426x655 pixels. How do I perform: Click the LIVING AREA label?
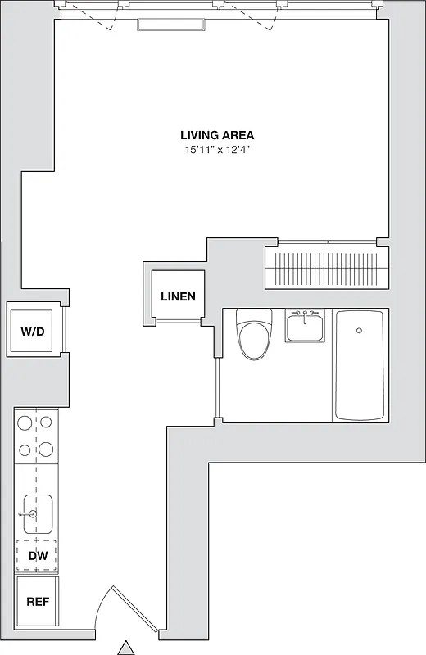click(217, 135)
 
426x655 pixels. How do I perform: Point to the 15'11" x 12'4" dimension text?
click(217, 150)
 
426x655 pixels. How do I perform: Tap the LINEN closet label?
click(178, 296)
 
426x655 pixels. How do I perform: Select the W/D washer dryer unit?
click(33, 332)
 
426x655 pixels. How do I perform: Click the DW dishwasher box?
click(37, 556)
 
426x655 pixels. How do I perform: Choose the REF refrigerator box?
click(37, 602)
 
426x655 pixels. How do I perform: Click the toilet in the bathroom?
click(254, 336)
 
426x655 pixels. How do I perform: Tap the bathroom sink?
click(305, 327)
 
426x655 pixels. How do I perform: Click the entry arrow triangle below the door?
click(125, 648)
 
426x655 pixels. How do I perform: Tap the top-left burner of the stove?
click(25, 423)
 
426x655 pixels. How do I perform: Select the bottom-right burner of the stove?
click(47, 449)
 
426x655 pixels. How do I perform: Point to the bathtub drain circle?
click(358, 331)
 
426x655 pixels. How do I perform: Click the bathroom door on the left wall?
click(218, 389)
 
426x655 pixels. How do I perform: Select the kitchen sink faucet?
click(27, 514)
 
